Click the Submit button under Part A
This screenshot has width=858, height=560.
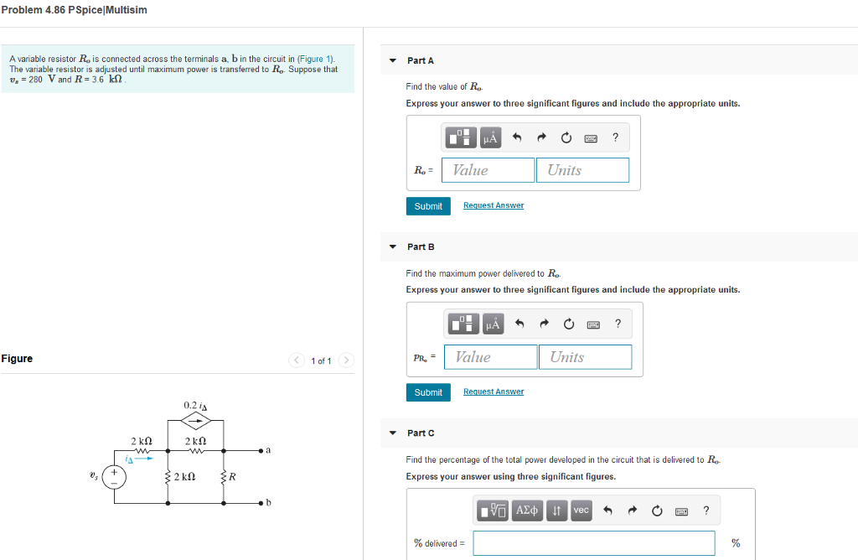click(428, 206)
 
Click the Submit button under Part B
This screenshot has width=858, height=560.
click(428, 392)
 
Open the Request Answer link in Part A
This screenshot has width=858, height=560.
click(494, 205)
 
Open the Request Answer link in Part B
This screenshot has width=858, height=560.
click(494, 391)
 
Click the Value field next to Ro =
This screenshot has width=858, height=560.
click(488, 170)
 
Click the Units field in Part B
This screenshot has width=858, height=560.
click(585, 357)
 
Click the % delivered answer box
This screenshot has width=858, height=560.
click(593, 543)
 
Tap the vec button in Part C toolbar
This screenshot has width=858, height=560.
click(581, 511)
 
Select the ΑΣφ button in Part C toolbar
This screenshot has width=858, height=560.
click(527, 511)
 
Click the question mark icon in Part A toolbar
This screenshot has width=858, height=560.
click(615, 137)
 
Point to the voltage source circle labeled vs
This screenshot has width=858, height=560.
click(115, 477)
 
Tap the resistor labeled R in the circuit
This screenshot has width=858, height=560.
click(224, 477)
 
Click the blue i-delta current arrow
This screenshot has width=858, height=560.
click(144, 459)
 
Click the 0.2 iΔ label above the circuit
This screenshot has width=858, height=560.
click(195, 406)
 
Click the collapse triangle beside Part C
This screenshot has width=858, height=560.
click(393, 433)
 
